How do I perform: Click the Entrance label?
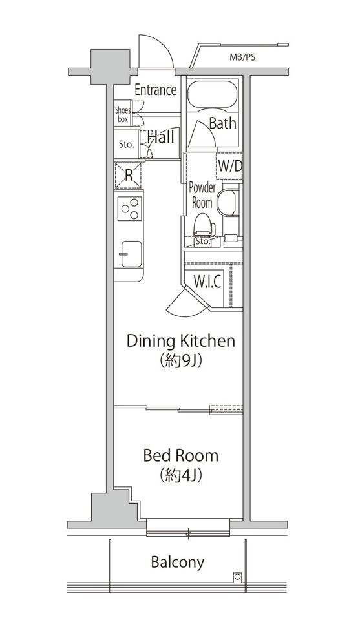click(x=156, y=90)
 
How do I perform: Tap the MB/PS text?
click(x=242, y=57)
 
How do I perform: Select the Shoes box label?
click(x=122, y=114)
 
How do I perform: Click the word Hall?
click(x=161, y=137)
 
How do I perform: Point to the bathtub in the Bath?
click(x=212, y=94)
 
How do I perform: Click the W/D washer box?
click(x=229, y=166)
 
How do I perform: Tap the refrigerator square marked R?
click(x=128, y=175)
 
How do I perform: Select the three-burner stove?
click(x=130, y=209)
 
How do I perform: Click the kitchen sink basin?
click(x=131, y=254)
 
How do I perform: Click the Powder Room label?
click(x=202, y=195)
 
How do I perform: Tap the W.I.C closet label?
click(x=207, y=282)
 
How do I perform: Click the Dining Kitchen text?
click(x=181, y=341)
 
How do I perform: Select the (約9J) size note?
click(x=181, y=360)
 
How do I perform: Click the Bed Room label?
click(x=181, y=455)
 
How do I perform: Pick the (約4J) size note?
click(x=181, y=476)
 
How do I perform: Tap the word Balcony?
click(x=178, y=563)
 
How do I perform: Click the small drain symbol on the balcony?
click(x=237, y=577)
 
